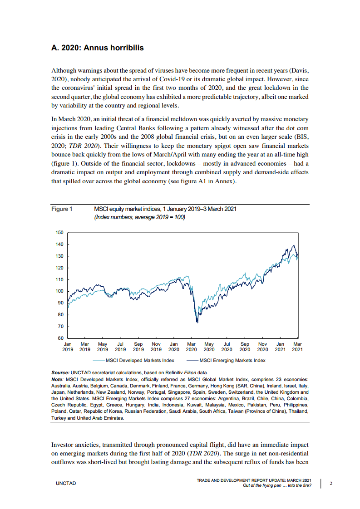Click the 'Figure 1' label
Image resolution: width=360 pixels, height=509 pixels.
coord(62,209)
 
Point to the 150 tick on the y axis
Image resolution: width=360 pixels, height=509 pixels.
coord(59,233)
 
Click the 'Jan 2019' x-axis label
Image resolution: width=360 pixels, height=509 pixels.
coord(67,347)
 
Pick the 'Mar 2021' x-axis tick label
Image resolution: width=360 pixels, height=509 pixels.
coord(297,347)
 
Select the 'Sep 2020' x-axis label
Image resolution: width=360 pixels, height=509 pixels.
coord(245,347)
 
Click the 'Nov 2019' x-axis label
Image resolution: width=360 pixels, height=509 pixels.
coord(156,347)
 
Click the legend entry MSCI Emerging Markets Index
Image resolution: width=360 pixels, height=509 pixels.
coord(232,361)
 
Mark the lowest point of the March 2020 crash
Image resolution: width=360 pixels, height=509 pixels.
coord(197,323)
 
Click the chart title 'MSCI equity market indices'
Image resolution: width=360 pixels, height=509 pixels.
coord(165,209)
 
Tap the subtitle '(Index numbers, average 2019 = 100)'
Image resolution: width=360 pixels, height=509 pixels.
coord(139,217)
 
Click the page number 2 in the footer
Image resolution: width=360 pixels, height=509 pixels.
coord(331,484)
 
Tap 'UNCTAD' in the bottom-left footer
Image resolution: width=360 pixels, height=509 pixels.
coord(66,484)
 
